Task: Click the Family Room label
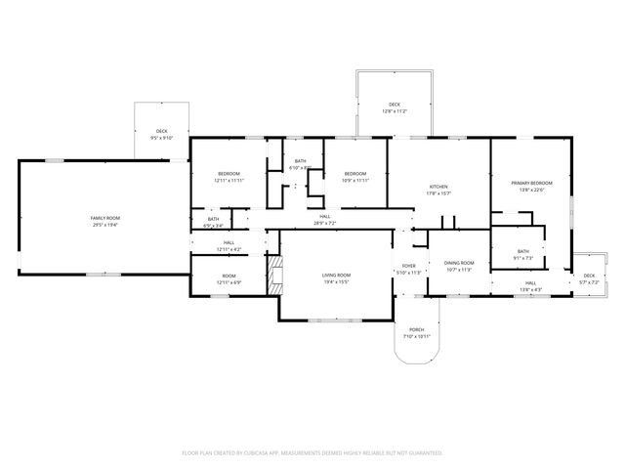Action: click(x=104, y=217)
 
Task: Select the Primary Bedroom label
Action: click(x=531, y=183)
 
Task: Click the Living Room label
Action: click(x=336, y=276)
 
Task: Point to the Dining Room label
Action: click(x=459, y=263)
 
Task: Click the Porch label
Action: click(x=416, y=329)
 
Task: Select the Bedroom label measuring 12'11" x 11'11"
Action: click(x=229, y=174)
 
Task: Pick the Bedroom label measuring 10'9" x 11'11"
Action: click(x=355, y=174)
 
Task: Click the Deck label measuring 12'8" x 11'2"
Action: click(x=395, y=105)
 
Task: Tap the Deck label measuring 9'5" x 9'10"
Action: click(x=161, y=132)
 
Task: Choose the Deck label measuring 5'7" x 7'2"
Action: click(x=589, y=277)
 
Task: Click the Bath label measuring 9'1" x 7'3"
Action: click(x=523, y=251)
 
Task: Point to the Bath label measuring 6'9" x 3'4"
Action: click(x=213, y=219)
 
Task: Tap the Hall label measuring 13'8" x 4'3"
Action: click(x=530, y=283)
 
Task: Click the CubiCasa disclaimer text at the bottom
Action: click(x=312, y=452)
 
